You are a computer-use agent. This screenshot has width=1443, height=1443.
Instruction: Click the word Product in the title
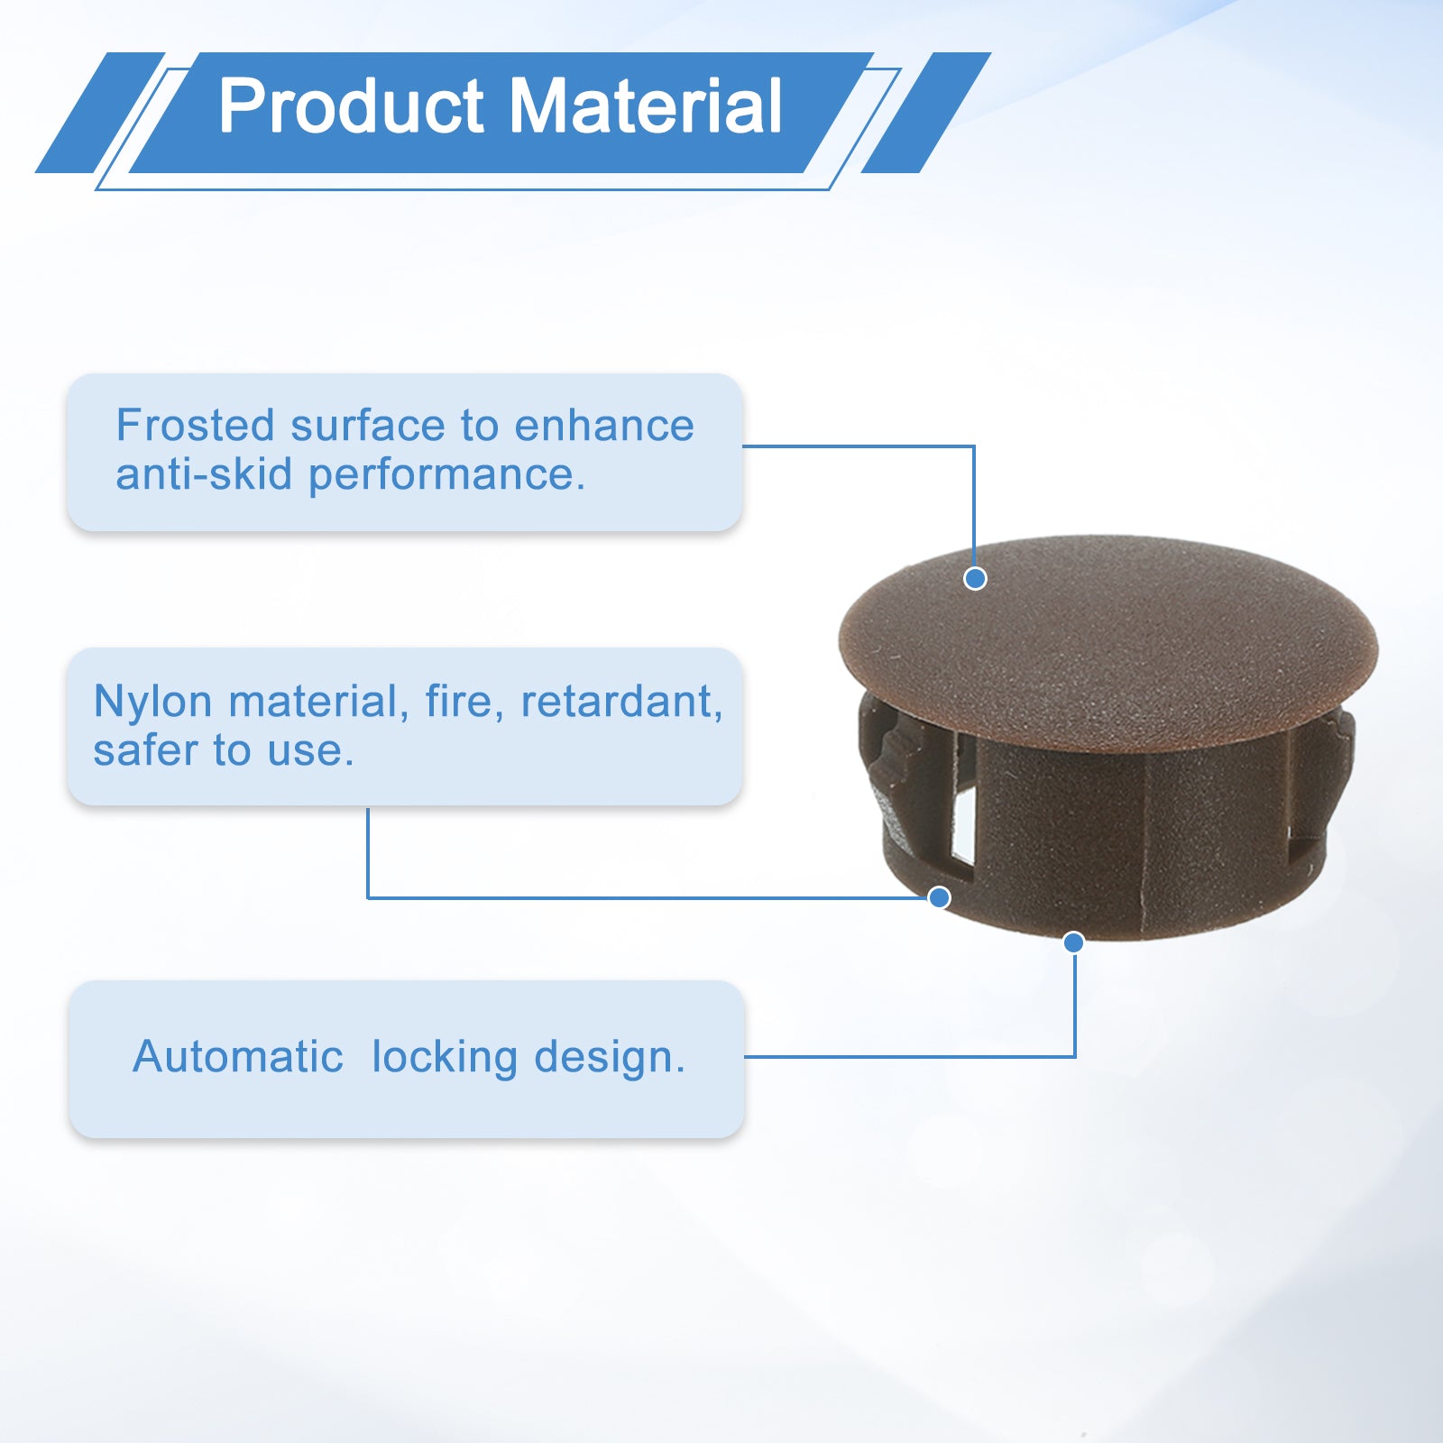pyautogui.click(x=352, y=106)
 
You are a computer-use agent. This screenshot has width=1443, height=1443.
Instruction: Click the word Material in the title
pyautogui.click(x=647, y=106)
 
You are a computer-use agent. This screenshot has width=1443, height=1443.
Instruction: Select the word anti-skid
pyautogui.click(x=204, y=474)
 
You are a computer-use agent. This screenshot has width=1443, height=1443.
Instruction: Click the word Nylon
pyautogui.click(x=153, y=703)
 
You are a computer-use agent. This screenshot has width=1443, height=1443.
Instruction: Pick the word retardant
pyautogui.click(x=621, y=703)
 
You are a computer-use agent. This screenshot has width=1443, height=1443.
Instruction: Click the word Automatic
pyautogui.click(x=238, y=1056)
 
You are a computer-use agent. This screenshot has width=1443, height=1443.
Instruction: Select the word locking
pyautogui.click(x=445, y=1058)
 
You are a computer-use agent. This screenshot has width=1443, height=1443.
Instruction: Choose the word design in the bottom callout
pyautogui.click(x=609, y=1058)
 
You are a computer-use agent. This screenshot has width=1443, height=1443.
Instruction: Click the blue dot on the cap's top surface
pyautogui.click(x=975, y=578)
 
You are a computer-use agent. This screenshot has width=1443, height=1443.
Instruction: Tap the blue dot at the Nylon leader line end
pyautogui.click(x=940, y=897)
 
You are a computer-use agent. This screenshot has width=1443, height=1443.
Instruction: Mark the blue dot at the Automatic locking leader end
pyautogui.click(x=1073, y=942)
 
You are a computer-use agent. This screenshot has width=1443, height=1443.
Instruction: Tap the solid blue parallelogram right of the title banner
pyautogui.click(x=926, y=113)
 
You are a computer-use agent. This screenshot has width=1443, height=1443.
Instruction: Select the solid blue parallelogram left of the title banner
pyautogui.click(x=100, y=113)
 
